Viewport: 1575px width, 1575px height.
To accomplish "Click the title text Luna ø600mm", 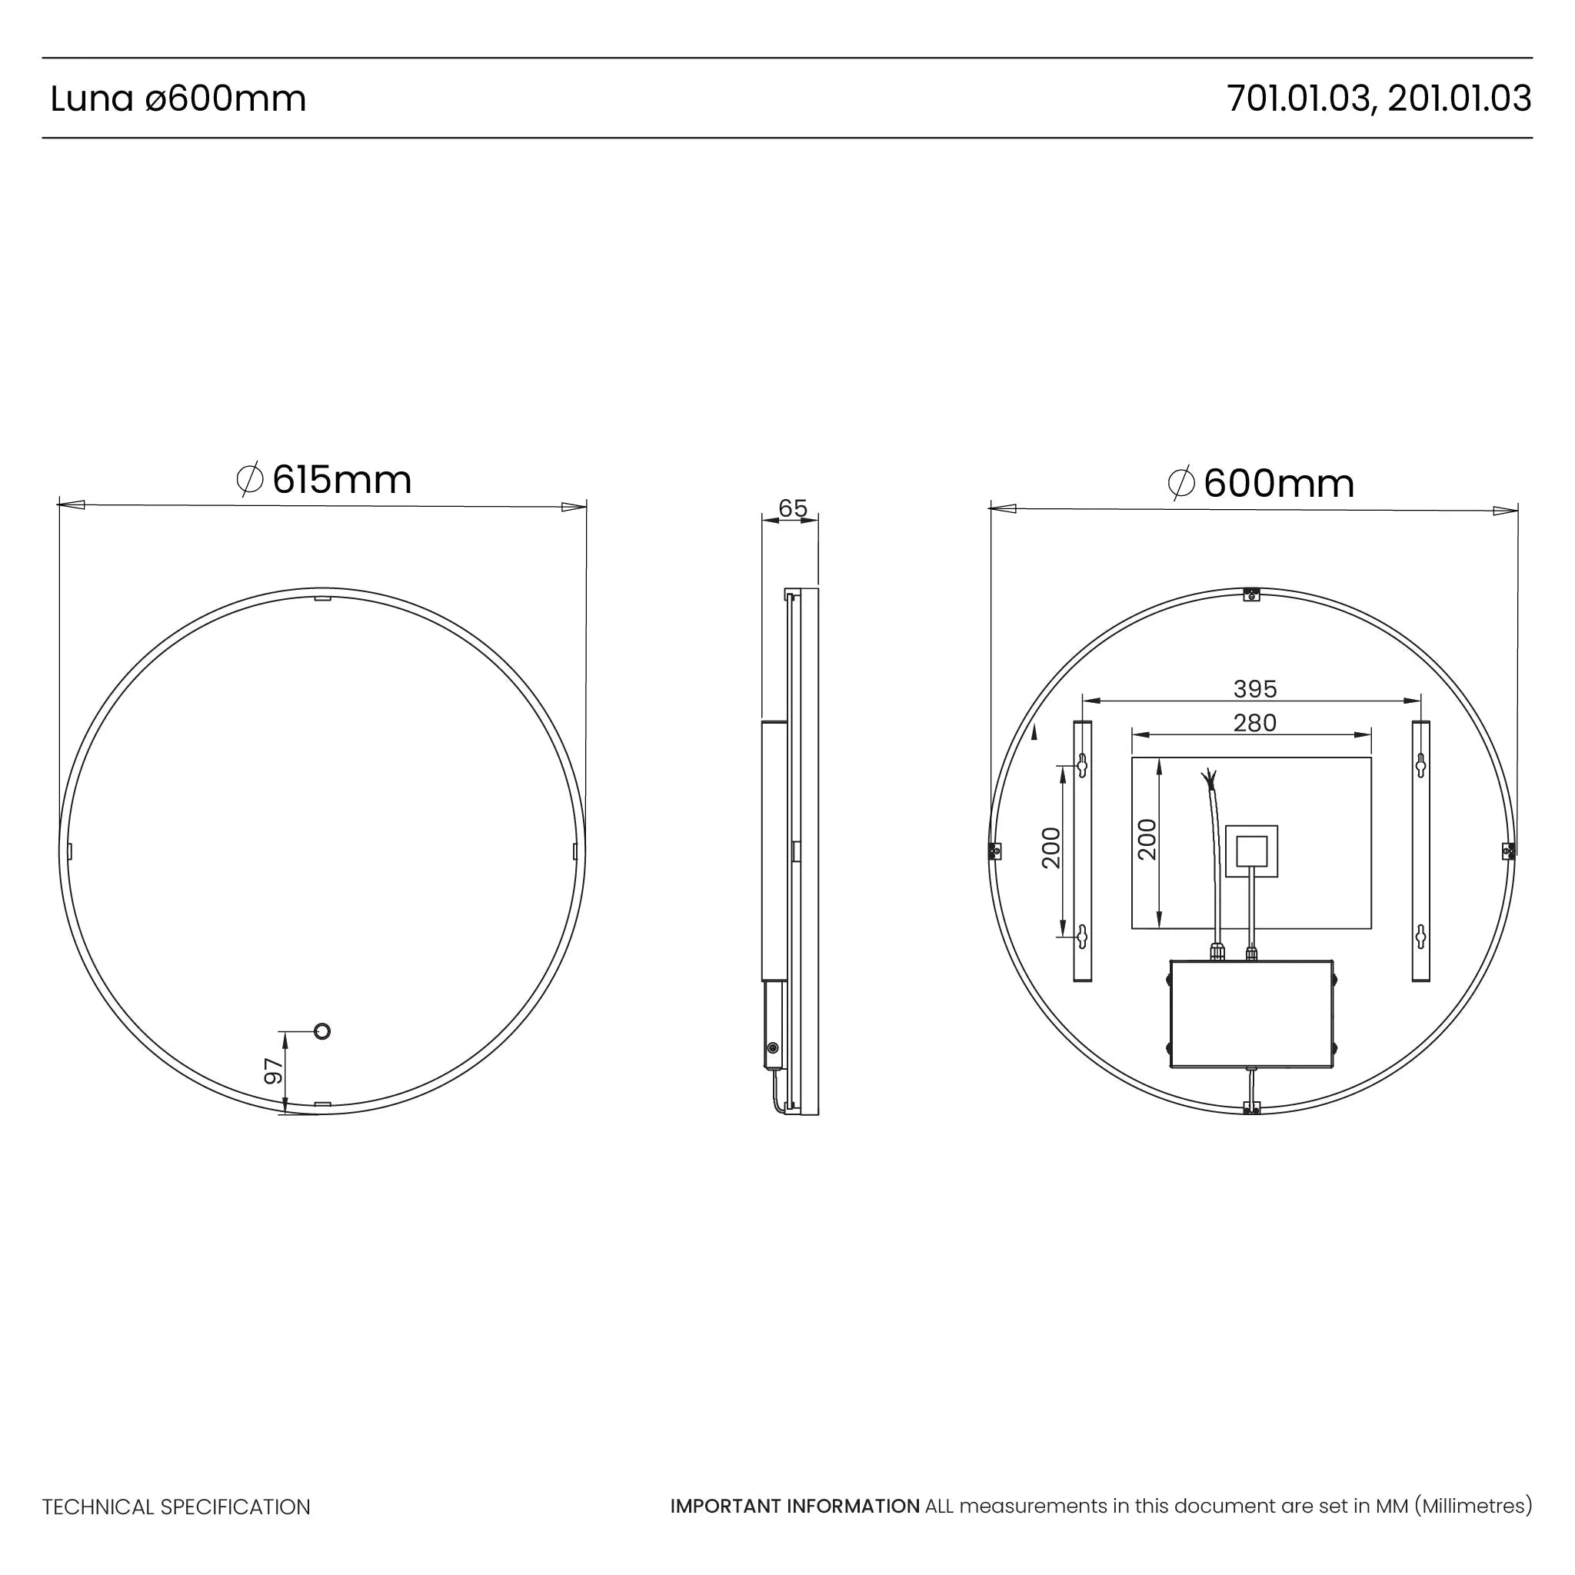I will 178,98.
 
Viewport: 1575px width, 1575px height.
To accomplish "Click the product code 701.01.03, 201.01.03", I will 1379,98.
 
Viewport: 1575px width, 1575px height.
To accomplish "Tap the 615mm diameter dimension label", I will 325,479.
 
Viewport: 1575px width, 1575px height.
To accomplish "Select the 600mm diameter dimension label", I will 1261,483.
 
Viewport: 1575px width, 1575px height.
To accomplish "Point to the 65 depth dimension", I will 792,508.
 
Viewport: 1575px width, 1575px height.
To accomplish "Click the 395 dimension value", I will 1254,689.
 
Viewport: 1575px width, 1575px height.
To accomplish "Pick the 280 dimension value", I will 1254,722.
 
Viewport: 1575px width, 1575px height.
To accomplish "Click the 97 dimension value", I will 274,1071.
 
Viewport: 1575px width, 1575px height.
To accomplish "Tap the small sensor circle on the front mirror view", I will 322,1032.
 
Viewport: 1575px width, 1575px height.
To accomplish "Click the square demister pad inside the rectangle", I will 1251,851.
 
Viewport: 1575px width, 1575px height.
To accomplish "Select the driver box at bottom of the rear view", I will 1251,1014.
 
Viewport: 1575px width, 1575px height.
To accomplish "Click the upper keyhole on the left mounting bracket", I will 1083,764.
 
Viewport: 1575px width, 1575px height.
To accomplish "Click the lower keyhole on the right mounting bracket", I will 1421,937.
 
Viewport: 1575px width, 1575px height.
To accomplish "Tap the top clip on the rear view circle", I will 1252,594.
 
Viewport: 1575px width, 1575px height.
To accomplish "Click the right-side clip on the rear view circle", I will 1508,851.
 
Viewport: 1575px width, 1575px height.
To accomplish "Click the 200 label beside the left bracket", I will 1051,847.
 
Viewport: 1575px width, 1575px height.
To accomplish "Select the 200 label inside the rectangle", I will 1147,839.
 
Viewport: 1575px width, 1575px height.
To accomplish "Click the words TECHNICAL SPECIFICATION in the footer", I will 176,1507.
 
